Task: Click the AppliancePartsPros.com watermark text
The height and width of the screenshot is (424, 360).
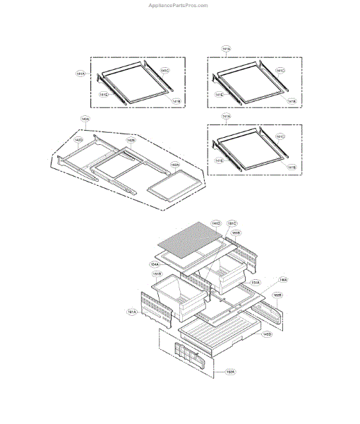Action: click(x=177, y=5)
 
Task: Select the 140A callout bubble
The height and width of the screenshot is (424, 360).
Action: click(x=85, y=119)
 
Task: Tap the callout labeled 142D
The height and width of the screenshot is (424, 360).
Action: click(x=79, y=140)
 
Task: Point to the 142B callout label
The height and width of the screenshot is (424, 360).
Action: click(x=131, y=140)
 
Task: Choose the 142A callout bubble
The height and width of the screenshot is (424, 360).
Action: click(x=174, y=165)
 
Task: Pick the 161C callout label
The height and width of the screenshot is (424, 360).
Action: click(x=232, y=223)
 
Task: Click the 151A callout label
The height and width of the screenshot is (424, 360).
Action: click(x=255, y=282)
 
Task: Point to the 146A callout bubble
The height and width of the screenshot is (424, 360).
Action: click(x=282, y=279)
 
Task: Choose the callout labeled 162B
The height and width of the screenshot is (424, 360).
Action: click(x=277, y=295)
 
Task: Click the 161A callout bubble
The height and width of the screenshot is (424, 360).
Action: click(x=132, y=312)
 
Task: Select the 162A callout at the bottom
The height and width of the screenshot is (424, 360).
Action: click(x=230, y=371)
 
